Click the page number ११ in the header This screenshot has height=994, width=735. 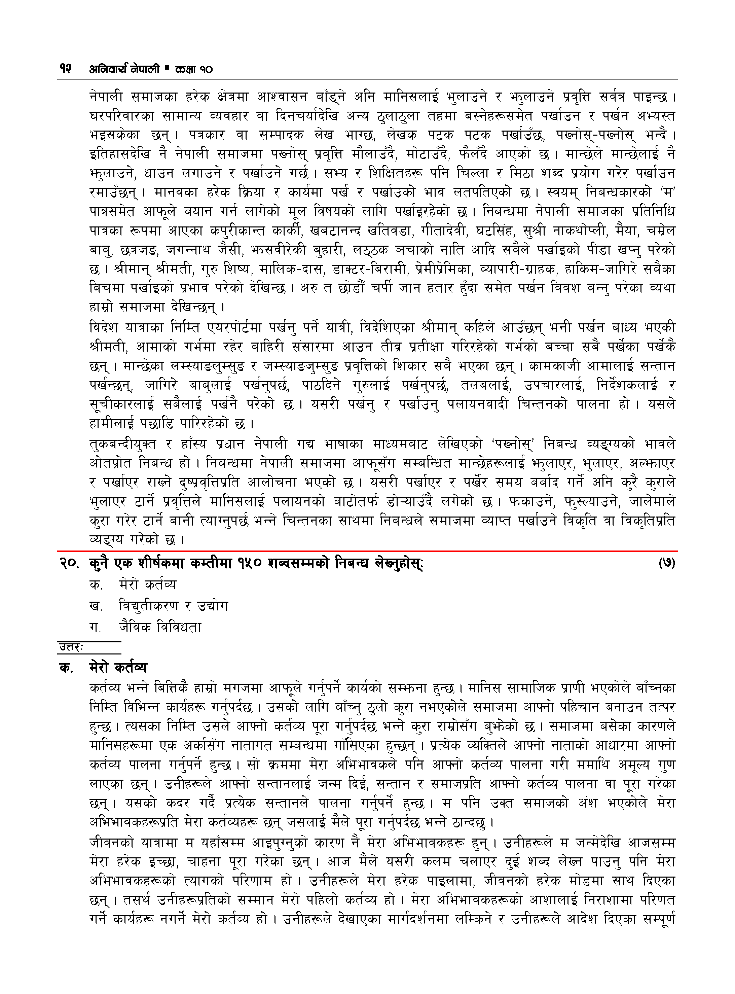65,69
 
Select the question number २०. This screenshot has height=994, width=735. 69,564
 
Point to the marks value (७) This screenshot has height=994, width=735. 666,563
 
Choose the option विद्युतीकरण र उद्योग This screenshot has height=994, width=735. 173,606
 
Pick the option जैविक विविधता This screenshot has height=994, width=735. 160,627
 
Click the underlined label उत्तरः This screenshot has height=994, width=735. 71,647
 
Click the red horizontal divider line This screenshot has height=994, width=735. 367,551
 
